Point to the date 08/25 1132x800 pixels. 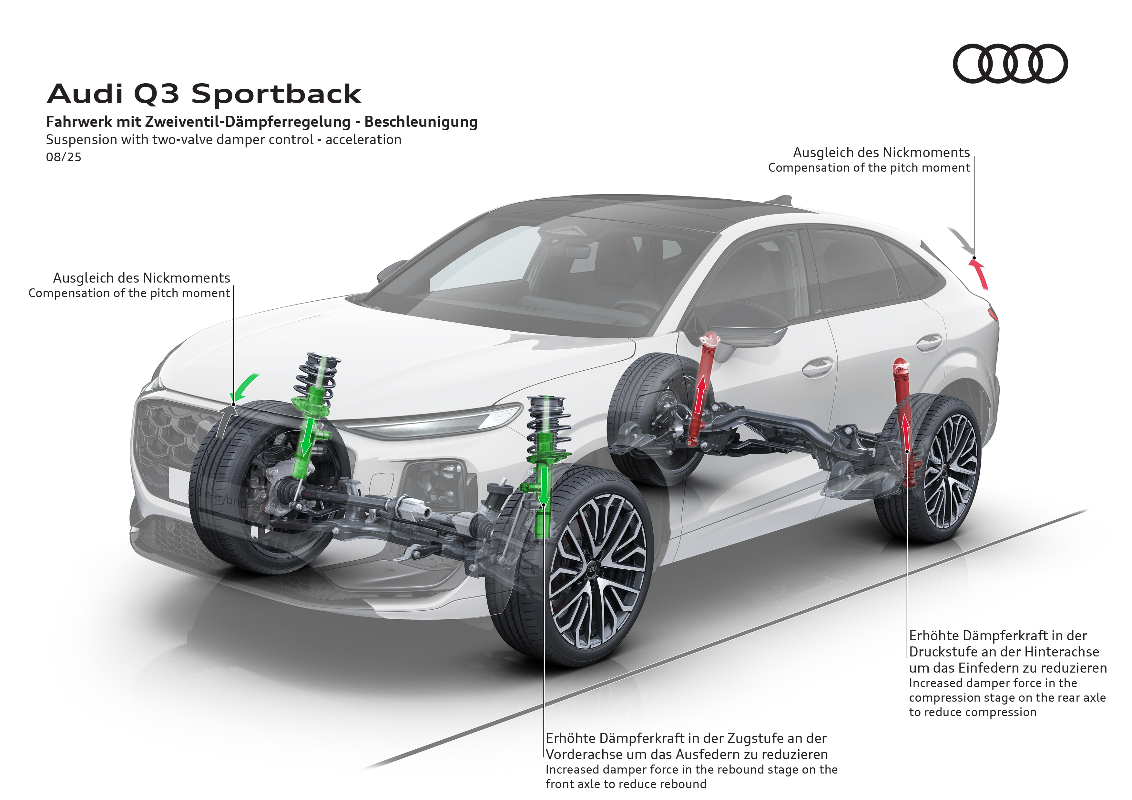tap(64, 157)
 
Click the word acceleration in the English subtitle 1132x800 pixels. tap(363, 140)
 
